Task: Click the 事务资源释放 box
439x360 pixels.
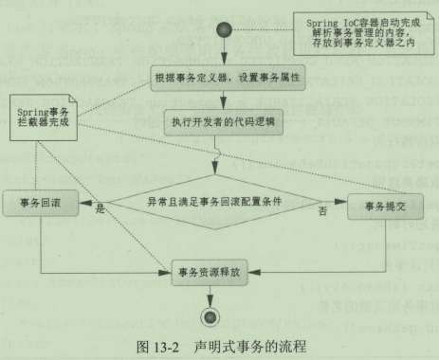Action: click(223, 275)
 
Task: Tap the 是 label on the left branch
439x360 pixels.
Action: click(98, 213)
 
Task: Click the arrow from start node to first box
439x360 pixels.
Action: click(224, 55)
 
